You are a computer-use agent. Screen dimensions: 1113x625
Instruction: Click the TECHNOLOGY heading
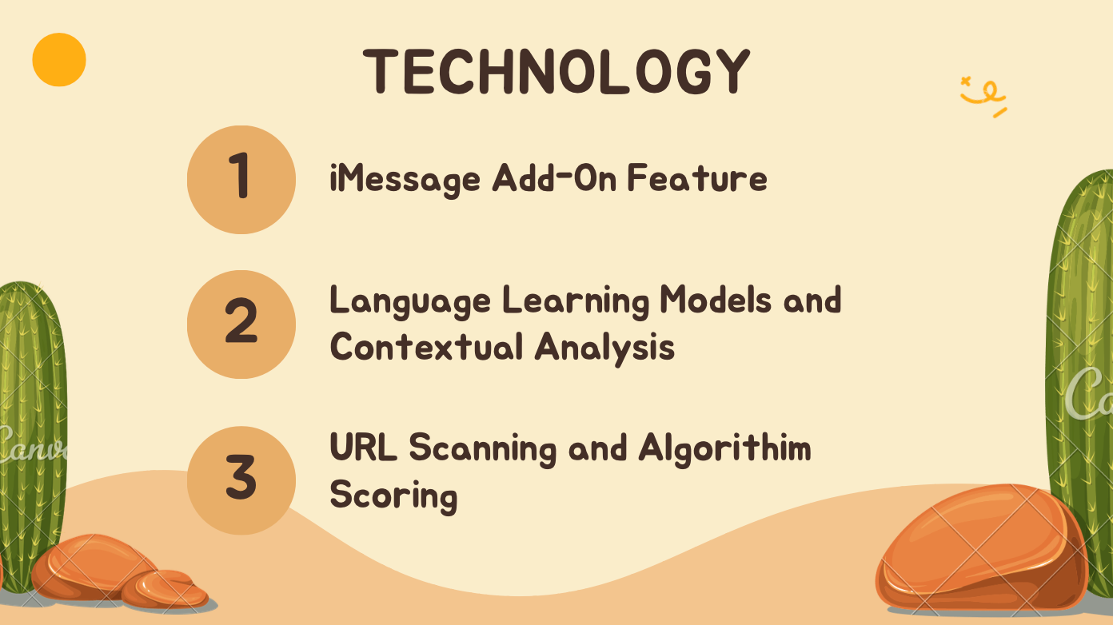pos(556,72)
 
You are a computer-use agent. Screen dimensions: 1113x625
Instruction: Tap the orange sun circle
pos(59,60)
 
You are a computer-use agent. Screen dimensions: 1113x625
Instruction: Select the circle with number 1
pos(241,180)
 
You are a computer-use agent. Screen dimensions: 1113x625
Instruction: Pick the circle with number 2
pos(241,324)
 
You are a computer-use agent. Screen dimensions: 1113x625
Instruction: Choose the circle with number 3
pos(241,480)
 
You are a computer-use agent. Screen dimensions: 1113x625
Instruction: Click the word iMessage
pos(405,180)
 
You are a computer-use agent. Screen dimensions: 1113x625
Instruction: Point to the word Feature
pos(697,178)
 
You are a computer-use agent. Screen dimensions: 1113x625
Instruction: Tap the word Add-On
pos(555,178)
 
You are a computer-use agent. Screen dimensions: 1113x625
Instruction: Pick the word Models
pos(716,300)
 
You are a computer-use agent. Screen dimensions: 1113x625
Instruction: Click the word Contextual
pos(426,346)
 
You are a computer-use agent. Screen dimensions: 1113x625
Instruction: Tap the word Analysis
pos(604,348)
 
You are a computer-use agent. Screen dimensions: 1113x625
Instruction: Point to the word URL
pos(364,447)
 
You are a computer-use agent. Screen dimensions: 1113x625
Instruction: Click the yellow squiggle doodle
pos(983,97)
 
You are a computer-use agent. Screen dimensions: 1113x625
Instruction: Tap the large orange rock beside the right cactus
pos(981,547)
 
